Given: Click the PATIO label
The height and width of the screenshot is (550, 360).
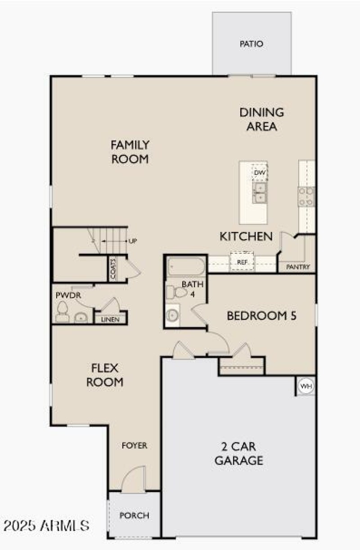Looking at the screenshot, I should pos(251,44).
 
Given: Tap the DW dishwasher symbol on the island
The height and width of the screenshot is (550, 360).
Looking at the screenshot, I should pos(260,173).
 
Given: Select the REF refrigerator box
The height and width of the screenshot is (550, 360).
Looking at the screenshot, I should pos(243,262).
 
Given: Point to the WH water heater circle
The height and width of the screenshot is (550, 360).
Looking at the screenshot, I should pos(306,386).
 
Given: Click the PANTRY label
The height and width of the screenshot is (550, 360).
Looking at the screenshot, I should pos(298,267).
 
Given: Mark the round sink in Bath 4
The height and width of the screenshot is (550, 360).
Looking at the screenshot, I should pos(172,315).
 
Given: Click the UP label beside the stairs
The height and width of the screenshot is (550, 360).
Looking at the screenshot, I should pos(133,241).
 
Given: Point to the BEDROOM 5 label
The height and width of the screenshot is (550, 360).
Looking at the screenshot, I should pos(261,316).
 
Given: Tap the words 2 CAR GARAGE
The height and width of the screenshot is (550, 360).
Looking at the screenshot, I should pos(238,454).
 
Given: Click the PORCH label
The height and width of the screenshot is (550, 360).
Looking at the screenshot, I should pos(134,515).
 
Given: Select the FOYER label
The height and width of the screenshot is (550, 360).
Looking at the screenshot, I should pos(135,446).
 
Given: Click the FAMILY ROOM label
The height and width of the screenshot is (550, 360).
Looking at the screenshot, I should pos(130,152).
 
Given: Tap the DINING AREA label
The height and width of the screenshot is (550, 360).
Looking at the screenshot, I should pos(261,119).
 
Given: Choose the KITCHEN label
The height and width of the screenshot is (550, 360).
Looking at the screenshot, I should pos(246,236).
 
